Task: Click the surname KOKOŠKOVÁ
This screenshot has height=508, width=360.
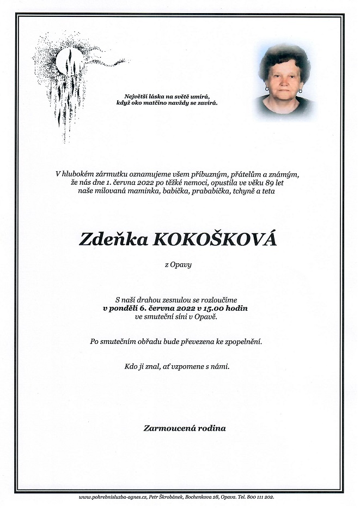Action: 216,239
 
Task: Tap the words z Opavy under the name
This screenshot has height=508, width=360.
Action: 178,265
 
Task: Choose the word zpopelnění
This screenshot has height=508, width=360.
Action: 243,342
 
